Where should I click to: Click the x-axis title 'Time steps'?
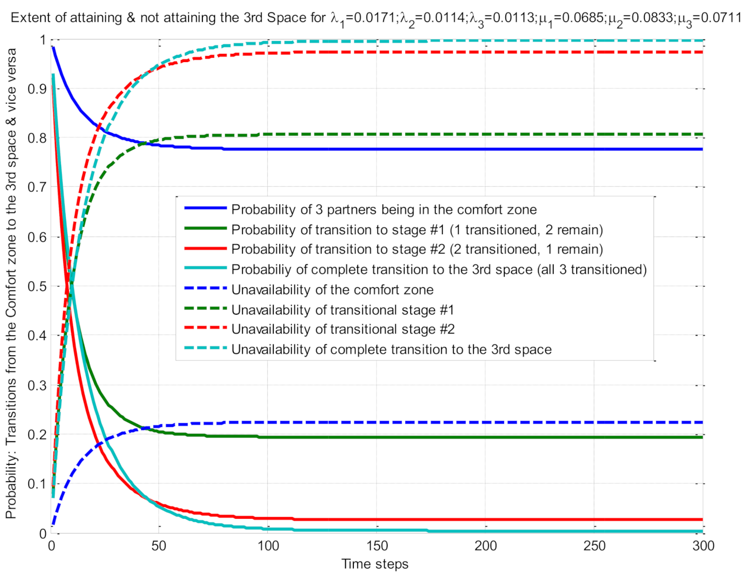tap(374, 564)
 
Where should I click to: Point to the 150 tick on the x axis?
tap(377, 546)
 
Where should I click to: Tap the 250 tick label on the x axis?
tap(594, 546)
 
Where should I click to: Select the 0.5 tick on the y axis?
tap(38, 286)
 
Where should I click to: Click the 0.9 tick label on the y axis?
tap(38, 89)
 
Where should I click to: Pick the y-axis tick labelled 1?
tap(43, 40)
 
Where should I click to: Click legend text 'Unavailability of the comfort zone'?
tap(332, 290)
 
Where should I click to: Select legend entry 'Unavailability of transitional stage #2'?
tap(343, 329)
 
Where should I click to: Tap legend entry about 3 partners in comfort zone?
tap(384, 210)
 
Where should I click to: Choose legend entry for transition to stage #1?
tap(417, 230)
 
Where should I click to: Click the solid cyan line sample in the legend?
tap(205, 268)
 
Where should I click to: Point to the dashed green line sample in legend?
tap(205, 308)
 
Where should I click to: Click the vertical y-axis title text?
tap(12, 283)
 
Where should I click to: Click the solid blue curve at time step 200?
tap(486, 149)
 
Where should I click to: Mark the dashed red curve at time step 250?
tap(594, 52)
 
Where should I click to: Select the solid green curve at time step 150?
tap(377, 437)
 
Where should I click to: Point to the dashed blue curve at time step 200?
tap(486, 422)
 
